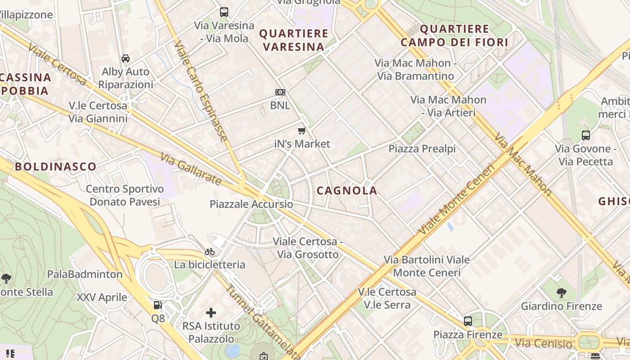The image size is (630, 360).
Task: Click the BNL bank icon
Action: click(280, 92)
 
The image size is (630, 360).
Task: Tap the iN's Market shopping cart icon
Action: click(301, 131)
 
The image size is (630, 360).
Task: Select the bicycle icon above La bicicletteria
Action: click(210, 252)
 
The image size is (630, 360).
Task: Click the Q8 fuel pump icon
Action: click(157, 305)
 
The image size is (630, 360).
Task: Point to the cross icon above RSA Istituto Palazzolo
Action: click(211, 312)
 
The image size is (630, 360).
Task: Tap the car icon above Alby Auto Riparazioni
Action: click(126, 58)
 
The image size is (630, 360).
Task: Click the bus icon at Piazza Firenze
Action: click(468, 321)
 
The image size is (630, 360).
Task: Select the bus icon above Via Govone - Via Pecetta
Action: click(585, 135)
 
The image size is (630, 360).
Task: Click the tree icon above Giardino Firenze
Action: click(561, 293)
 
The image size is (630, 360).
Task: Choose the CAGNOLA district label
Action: click(346, 191)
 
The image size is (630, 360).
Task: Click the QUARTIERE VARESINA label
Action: click(294, 40)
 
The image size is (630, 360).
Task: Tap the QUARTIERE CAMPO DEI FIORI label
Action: click(454, 36)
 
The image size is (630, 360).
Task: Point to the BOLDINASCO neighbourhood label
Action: click(56, 166)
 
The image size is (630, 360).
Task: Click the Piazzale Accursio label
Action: click(251, 204)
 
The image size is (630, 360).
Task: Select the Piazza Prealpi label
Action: click(422, 148)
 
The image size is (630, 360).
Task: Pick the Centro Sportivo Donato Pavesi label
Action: click(125, 195)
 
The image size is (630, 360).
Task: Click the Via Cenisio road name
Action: click(543, 344)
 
